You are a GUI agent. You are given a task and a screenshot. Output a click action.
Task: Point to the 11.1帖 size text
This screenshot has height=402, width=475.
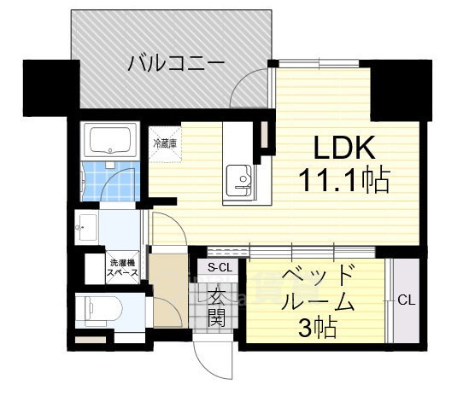[343, 180]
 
